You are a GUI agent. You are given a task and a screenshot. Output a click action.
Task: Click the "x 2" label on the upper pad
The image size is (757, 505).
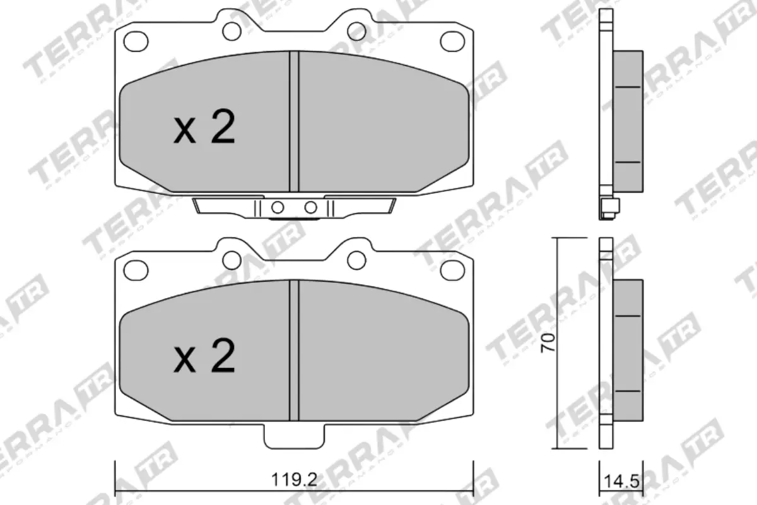(x=204, y=128)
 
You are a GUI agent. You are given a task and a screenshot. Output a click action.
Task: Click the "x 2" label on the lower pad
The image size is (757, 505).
(x=204, y=357)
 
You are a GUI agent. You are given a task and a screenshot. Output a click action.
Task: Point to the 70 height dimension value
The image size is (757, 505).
(x=549, y=343)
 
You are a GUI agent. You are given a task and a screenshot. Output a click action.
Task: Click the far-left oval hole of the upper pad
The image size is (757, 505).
(x=134, y=41)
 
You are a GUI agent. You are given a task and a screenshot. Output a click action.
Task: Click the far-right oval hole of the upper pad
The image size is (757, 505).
(x=451, y=41)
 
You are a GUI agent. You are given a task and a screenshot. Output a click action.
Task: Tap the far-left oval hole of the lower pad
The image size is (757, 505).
(x=134, y=270)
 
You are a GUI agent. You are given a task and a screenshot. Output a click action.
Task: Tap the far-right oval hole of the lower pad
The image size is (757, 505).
(x=451, y=270)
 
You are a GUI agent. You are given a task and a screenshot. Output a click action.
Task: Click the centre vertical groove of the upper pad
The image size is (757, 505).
(x=293, y=120)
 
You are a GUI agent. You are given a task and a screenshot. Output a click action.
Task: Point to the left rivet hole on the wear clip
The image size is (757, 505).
(x=276, y=207)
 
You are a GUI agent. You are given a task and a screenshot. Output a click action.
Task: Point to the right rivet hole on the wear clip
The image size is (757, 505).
(x=310, y=207)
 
